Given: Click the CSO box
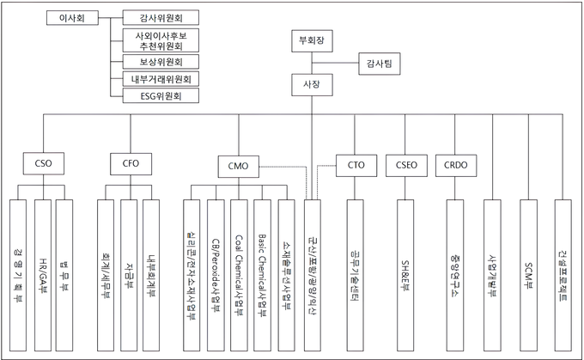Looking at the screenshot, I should [x=41, y=162].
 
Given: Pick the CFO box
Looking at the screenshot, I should [x=131, y=162].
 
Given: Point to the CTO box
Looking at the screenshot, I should [x=356, y=162].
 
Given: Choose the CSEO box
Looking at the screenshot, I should [x=406, y=162].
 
